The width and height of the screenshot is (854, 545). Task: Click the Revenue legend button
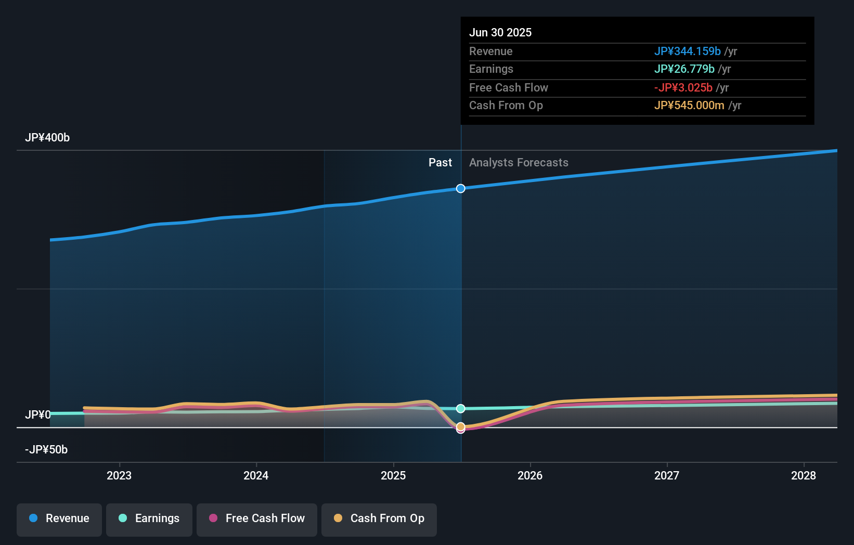click(x=59, y=518)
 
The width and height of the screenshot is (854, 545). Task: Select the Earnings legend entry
click(x=149, y=518)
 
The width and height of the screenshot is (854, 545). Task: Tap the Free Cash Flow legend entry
click(x=257, y=518)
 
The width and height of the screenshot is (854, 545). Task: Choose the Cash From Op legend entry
click(x=379, y=518)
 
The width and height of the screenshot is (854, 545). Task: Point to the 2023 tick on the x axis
click(x=119, y=475)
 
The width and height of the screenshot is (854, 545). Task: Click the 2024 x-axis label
click(x=256, y=475)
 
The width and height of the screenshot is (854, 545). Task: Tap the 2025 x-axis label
click(x=393, y=475)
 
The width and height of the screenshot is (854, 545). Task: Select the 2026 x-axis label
click(x=530, y=475)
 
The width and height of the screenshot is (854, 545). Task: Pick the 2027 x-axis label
click(x=667, y=475)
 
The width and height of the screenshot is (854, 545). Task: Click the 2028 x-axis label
click(x=804, y=475)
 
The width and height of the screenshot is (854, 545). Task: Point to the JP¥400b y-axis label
click(x=47, y=138)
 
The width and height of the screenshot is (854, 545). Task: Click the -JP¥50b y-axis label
click(x=46, y=450)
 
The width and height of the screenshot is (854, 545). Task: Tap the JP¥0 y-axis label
click(x=37, y=415)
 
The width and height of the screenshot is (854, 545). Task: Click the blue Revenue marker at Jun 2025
click(x=461, y=188)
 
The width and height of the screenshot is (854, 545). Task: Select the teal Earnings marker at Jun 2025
click(x=461, y=409)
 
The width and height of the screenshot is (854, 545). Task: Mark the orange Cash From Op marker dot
click(x=461, y=426)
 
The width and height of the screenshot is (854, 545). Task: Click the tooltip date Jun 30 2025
click(x=500, y=33)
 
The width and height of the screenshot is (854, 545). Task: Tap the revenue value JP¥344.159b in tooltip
click(x=687, y=51)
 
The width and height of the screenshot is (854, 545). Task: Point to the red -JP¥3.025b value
click(x=683, y=88)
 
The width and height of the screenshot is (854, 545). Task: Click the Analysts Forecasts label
click(x=519, y=163)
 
